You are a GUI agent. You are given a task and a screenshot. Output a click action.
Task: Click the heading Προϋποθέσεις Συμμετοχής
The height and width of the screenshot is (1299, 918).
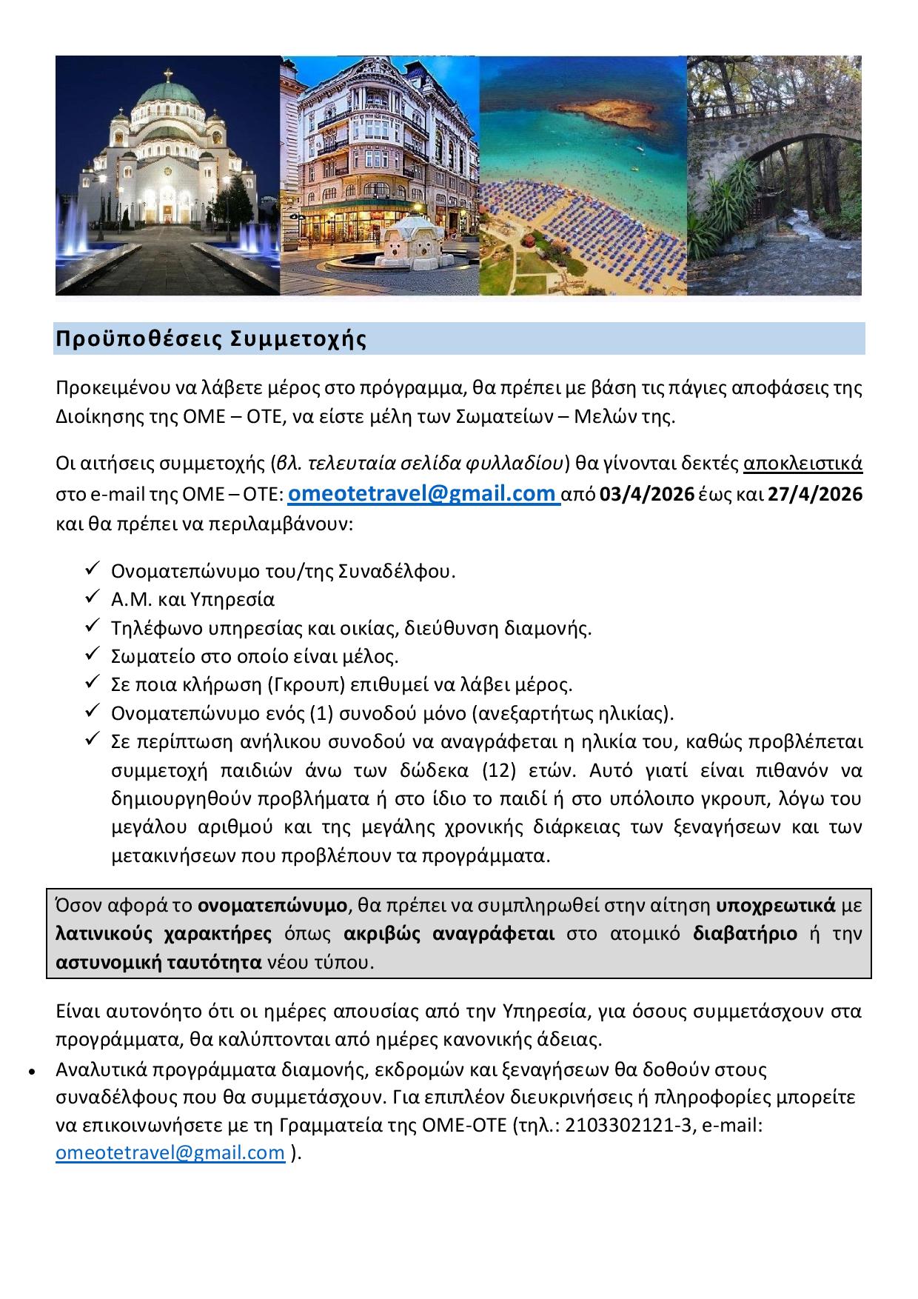211,339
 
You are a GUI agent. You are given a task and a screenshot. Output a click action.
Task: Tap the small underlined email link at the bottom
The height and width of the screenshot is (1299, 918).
170,1152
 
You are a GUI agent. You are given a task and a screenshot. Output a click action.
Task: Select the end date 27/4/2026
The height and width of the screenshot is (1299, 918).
814,494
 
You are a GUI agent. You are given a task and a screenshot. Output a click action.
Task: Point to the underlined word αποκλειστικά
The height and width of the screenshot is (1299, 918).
803,464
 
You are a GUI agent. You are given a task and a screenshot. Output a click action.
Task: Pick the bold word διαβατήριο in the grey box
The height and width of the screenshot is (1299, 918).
745,934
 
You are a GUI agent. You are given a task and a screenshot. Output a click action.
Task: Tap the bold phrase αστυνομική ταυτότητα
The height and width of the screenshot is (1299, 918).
159,963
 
